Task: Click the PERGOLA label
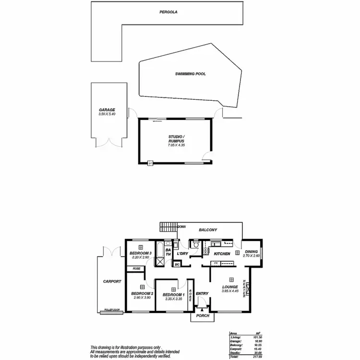pyautogui.click(x=169, y=12)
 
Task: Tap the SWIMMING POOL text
pyautogui.click(x=191, y=74)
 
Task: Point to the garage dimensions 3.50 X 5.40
pyautogui.click(x=107, y=114)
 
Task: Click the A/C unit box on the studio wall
pyautogui.click(x=150, y=163)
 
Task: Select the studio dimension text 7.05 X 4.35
pyautogui.click(x=177, y=145)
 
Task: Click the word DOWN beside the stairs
pyautogui.click(x=182, y=226)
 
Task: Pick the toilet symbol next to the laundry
pyautogui.click(x=195, y=245)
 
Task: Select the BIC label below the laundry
pyautogui.click(x=177, y=264)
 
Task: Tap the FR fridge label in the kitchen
pyautogui.click(x=216, y=263)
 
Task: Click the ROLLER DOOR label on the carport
pyautogui.click(x=113, y=311)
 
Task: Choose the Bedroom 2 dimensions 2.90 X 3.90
pyautogui.click(x=142, y=298)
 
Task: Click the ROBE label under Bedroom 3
pyautogui.click(x=137, y=268)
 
